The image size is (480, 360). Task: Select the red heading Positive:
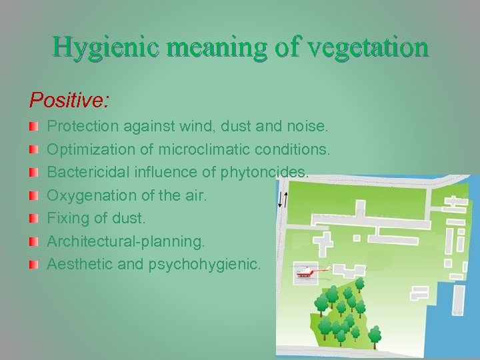(69, 101)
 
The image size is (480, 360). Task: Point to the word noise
(306, 125)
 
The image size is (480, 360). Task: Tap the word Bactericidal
(86, 172)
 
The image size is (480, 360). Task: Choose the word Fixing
(67, 218)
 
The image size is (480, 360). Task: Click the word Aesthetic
(79, 264)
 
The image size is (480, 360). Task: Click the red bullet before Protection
(33, 126)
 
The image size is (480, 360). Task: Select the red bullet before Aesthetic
(33, 265)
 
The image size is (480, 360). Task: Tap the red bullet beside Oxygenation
(33, 195)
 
